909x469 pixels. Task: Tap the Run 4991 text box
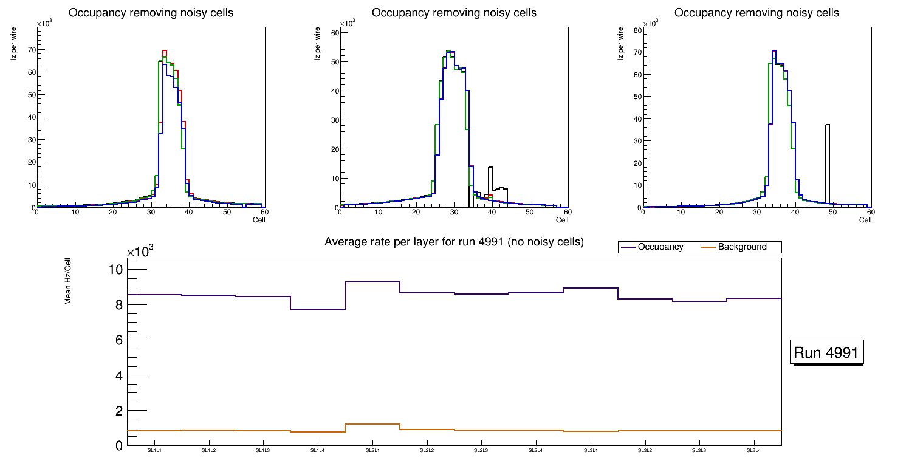(826, 353)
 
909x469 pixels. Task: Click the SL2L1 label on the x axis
(372, 451)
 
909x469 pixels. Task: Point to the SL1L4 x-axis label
(318, 451)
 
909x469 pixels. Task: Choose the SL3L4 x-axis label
(754, 451)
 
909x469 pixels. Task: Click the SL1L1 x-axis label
(154, 451)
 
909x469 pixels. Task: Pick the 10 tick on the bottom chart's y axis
(115, 270)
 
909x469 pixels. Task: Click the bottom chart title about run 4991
(454, 242)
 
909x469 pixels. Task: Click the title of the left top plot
(151, 13)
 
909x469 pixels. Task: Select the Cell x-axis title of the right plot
(865, 220)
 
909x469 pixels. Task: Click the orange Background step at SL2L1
(372, 424)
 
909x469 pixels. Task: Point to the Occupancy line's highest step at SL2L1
(372, 282)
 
